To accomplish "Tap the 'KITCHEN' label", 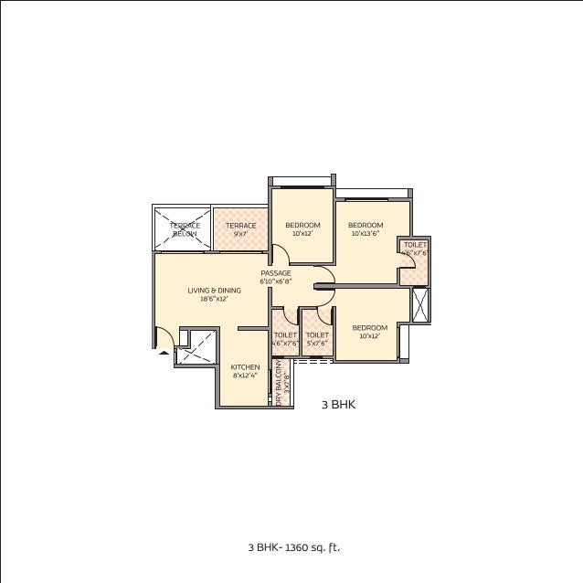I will point(245,366).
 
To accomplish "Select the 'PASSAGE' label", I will point(275,273).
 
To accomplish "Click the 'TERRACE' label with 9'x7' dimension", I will point(240,225).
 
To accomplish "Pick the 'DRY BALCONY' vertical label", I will point(279,383).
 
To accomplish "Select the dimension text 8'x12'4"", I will point(245,375).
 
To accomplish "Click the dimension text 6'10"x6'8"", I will point(275,281).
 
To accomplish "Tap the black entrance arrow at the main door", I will point(164,350).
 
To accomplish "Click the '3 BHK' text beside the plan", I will point(336,402).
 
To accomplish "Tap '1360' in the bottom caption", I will point(296,548).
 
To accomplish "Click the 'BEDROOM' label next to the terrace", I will point(302,225).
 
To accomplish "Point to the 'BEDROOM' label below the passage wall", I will point(370,327).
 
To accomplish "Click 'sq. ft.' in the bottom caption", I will point(326,548).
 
